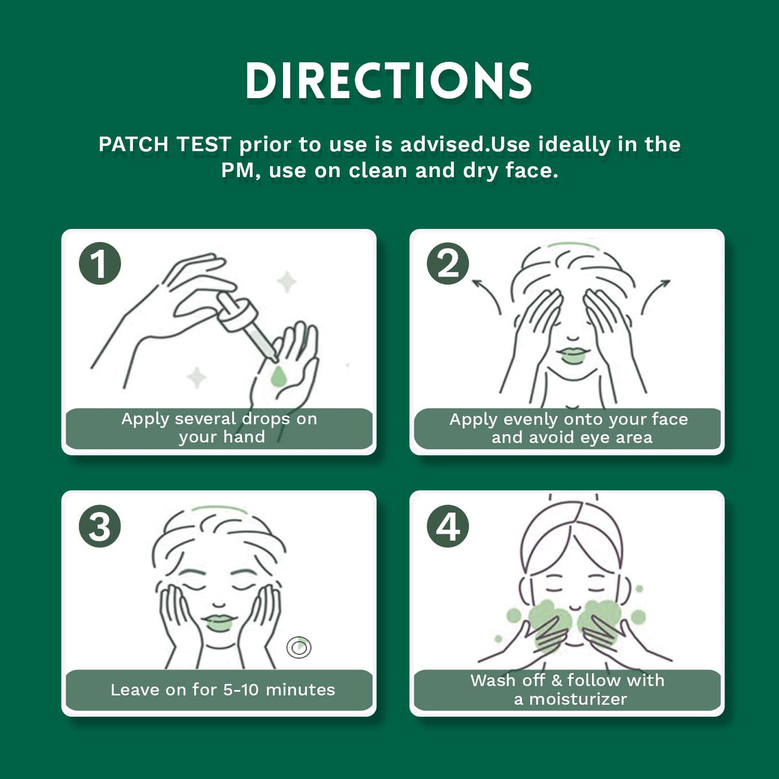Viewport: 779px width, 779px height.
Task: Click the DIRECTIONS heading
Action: tap(388, 81)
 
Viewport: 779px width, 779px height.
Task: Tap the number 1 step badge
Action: tap(100, 264)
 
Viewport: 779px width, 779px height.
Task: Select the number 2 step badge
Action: tap(448, 264)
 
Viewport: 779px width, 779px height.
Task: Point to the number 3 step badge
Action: tap(100, 526)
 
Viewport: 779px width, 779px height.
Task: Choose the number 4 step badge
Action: tap(448, 526)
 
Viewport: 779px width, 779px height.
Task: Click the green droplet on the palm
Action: tap(278, 377)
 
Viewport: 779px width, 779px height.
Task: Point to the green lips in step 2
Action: tap(573, 355)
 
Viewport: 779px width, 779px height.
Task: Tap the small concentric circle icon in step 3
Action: tap(299, 648)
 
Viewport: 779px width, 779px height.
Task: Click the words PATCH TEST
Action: tap(165, 144)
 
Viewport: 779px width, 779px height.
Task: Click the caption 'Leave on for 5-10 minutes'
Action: tap(223, 689)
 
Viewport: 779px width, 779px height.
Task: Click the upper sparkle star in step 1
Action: tap(287, 282)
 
